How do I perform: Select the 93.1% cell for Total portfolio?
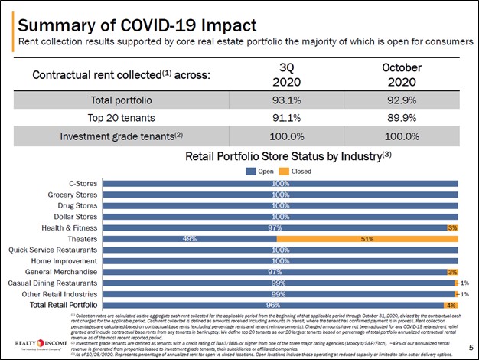tap(280, 100)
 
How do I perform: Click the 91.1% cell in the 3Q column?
tap(280, 118)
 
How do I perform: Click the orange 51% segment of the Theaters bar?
tap(367, 239)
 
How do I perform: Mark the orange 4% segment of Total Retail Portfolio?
tap(451, 306)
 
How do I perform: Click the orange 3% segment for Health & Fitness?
tap(452, 227)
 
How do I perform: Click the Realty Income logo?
tap(34, 342)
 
